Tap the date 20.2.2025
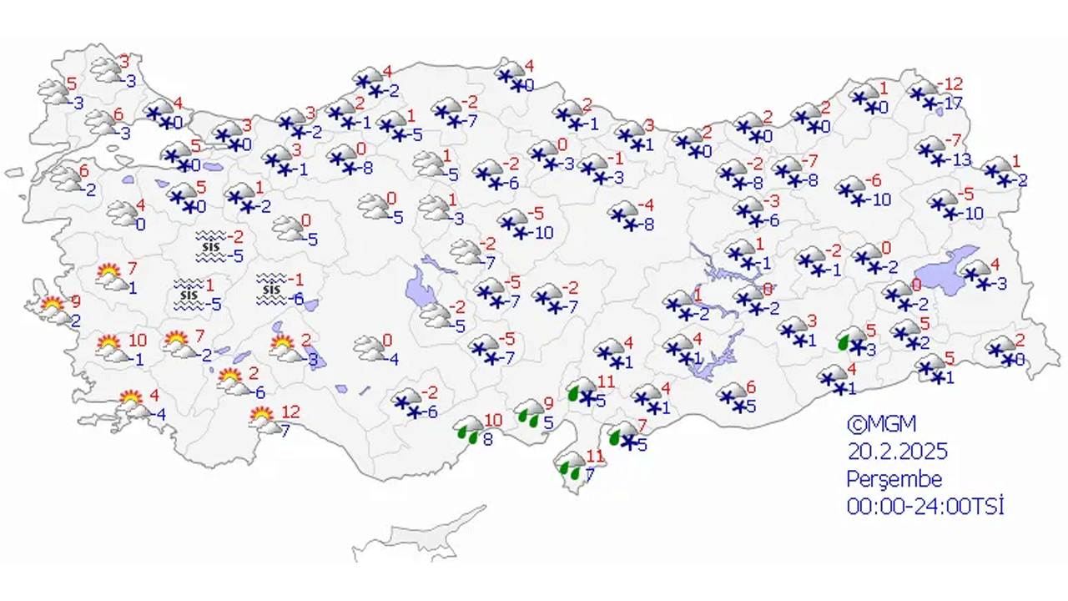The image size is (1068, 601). (x=897, y=452)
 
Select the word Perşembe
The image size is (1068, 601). (x=894, y=479)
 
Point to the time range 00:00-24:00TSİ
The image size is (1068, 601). (x=924, y=506)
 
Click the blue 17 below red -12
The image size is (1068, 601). (x=954, y=105)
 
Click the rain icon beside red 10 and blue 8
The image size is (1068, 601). (x=469, y=432)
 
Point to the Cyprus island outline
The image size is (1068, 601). (x=417, y=534)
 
